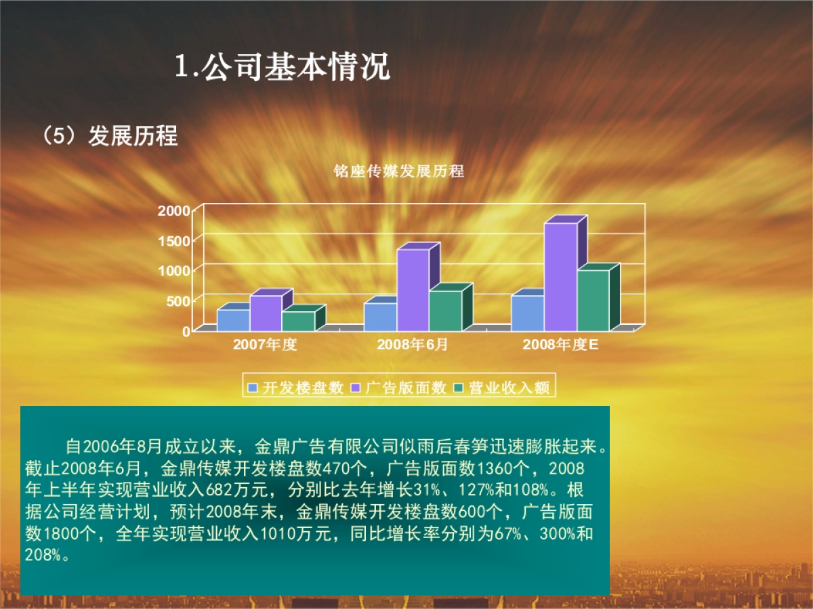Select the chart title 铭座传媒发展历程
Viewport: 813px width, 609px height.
click(399, 171)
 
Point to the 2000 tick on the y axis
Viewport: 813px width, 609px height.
click(175, 210)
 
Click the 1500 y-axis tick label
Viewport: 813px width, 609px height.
click(175, 241)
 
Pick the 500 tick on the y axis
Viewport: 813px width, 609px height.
click(179, 301)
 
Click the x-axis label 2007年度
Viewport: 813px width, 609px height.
click(265, 344)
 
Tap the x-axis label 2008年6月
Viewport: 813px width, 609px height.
click(412, 344)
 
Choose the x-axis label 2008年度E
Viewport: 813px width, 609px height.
click(560, 344)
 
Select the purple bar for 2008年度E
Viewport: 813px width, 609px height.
click(560, 276)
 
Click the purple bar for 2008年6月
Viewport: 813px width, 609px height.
click(413, 290)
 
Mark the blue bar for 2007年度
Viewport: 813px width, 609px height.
click(233, 319)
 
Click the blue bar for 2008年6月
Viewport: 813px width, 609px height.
click(380, 316)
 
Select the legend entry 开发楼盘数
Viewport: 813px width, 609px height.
click(296, 388)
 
